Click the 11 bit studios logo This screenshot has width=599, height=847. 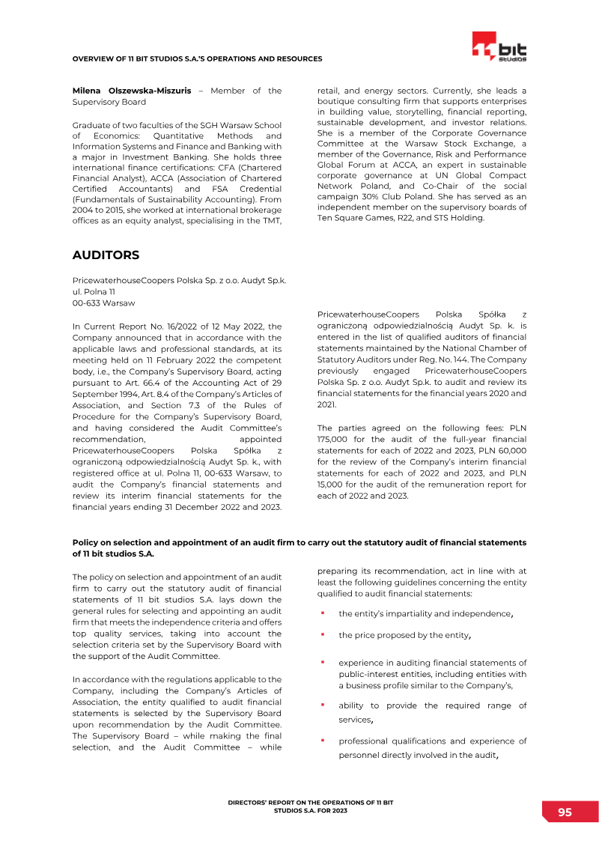point(499,47)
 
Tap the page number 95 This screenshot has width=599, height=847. point(565,813)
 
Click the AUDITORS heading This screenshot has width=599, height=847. point(106,255)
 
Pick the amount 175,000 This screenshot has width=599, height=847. point(333,440)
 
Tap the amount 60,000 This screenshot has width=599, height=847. point(512,451)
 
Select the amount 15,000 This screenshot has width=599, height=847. point(332,485)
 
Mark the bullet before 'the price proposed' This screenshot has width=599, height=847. point(322,634)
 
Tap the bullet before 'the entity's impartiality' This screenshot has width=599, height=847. point(322,613)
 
